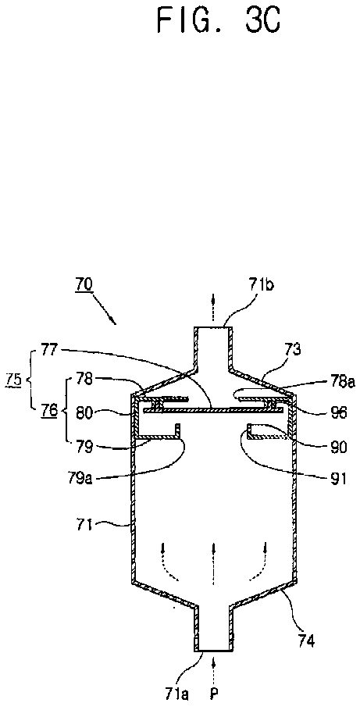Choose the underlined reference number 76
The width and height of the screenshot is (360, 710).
[52, 412]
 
